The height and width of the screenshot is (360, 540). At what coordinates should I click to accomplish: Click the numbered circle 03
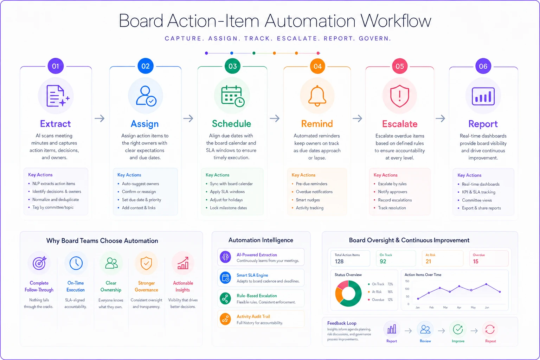point(232,66)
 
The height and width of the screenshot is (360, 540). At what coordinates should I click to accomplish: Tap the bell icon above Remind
point(317,96)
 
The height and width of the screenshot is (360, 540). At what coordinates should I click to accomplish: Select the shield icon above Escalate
point(399,96)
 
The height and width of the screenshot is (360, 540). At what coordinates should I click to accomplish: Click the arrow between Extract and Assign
point(99,118)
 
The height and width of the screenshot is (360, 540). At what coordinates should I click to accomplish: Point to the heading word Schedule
point(231,124)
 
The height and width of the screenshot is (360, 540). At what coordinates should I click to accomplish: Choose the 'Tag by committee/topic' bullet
point(53,207)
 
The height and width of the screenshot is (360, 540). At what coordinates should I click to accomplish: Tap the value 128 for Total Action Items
point(339,261)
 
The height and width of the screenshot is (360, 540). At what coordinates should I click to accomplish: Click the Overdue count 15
point(475,261)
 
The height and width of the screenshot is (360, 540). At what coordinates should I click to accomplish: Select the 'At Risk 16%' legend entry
point(381,292)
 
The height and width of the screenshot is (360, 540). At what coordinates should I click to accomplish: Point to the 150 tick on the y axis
point(407,281)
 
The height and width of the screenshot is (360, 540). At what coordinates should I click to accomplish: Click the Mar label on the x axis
point(445,307)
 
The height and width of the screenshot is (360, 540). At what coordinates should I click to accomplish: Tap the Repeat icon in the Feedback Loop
point(490,329)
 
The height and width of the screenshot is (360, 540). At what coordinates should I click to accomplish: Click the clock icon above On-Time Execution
point(76,263)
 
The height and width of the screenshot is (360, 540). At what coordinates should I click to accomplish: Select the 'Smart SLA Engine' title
point(252,275)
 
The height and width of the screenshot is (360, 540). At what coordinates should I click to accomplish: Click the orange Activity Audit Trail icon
point(225,319)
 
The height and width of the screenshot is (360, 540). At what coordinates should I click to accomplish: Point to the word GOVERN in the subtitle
point(375,39)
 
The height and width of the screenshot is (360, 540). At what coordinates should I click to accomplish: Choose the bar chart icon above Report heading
point(483,96)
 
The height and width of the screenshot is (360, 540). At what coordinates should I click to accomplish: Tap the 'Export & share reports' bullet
point(481,208)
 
